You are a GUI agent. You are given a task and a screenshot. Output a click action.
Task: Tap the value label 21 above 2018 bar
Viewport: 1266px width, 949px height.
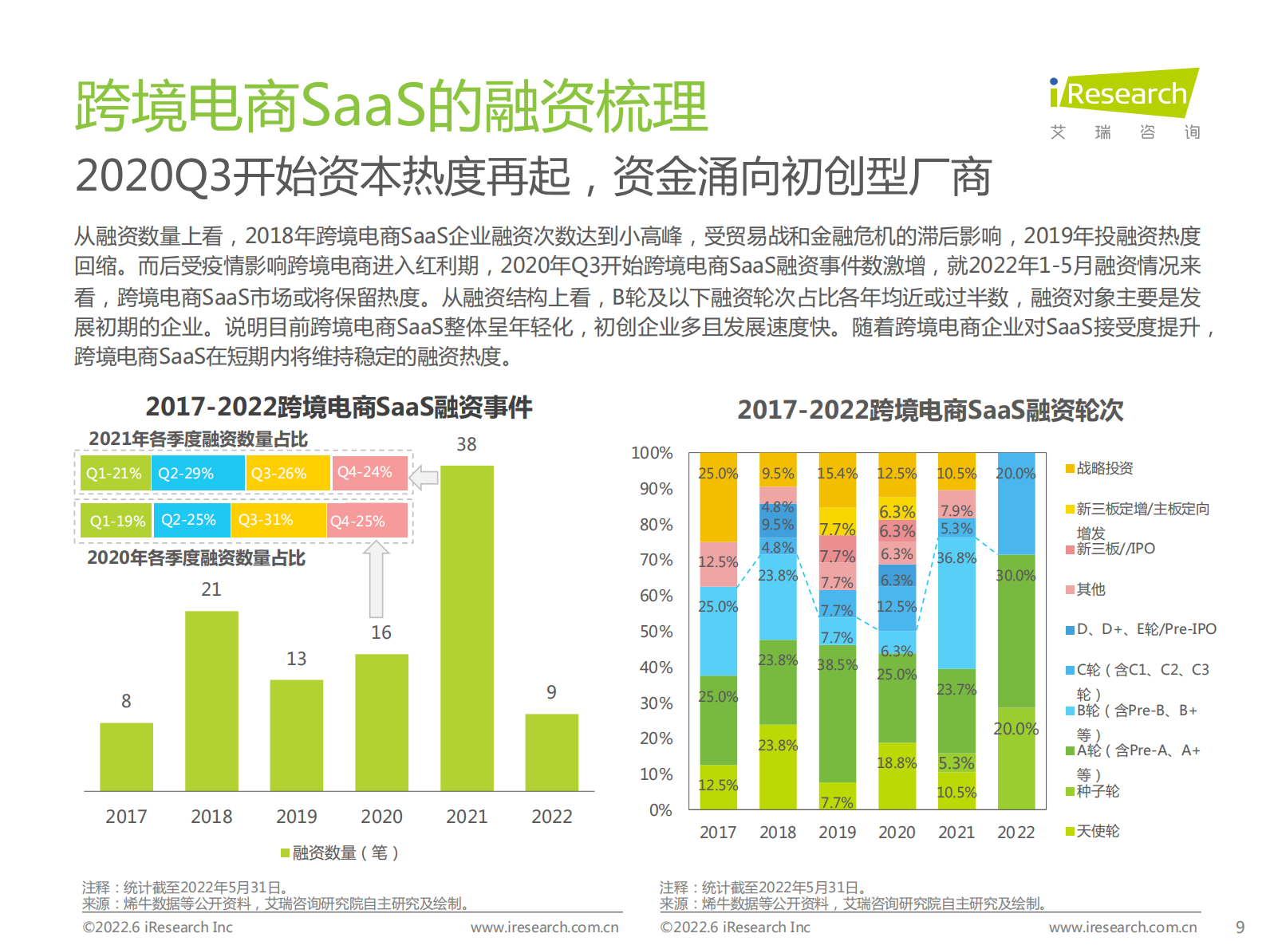(211, 589)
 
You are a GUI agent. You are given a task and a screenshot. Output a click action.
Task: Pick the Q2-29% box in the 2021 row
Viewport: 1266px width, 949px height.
(197, 473)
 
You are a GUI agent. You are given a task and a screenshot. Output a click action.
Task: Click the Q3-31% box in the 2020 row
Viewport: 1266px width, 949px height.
(278, 520)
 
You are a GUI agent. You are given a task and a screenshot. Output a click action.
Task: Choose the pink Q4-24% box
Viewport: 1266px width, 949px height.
(369, 472)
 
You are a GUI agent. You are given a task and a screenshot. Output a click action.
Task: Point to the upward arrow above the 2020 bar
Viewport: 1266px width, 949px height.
(377, 579)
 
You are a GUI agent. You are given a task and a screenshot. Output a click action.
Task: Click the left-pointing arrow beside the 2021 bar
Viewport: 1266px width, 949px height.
(424, 478)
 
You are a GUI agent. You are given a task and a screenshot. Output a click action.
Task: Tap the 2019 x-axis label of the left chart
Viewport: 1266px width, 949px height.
(297, 817)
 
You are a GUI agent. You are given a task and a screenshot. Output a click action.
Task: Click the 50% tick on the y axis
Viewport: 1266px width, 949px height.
(656, 632)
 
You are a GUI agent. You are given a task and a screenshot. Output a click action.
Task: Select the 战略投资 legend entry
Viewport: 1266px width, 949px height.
(1104, 468)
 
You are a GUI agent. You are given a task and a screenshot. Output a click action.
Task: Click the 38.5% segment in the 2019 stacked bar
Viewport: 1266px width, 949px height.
(837, 714)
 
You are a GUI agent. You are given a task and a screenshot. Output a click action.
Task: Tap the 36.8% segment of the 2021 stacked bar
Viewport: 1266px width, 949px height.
(956, 602)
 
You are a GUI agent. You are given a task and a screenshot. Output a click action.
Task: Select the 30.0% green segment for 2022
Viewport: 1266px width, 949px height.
(1016, 630)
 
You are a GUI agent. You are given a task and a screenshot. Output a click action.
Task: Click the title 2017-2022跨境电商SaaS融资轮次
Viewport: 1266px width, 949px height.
(929, 410)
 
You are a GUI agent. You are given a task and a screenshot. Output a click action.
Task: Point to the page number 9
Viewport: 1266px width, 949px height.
(1240, 927)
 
